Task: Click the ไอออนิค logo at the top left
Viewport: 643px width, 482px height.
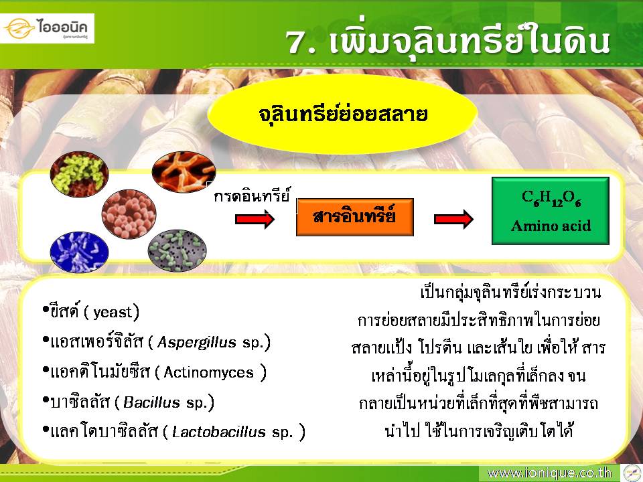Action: pyautogui.click(x=47, y=28)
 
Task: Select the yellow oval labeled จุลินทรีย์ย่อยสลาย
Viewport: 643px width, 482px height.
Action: pyautogui.click(x=342, y=114)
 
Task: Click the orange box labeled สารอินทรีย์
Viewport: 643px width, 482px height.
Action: pyautogui.click(x=355, y=217)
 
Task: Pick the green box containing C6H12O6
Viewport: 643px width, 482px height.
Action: pyautogui.click(x=551, y=211)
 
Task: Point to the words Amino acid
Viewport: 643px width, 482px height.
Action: pyautogui.click(x=551, y=226)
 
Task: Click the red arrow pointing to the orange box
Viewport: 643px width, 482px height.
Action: pyautogui.click(x=255, y=220)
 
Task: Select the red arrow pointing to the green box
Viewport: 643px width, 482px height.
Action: pyautogui.click(x=453, y=220)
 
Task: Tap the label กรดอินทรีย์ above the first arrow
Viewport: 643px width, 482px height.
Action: pyautogui.click(x=252, y=195)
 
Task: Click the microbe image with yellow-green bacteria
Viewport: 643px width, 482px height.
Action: pyautogui.click(x=79, y=174)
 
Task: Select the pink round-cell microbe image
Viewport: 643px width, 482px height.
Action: pyautogui.click(x=129, y=214)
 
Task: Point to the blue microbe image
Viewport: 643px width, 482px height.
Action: pyautogui.click(x=79, y=252)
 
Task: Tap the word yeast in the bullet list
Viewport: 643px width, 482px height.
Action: pyautogui.click(x=113, y=313)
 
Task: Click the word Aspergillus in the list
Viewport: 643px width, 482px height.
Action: pyautogui.click(x=197, y=342)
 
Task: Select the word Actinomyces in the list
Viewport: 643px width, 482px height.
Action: pyautogui.click(x=209, y=373)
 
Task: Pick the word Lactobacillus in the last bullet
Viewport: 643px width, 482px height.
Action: pyautogui.click(x=219, y=432)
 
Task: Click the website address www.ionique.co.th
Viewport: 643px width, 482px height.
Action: pyautogui.click(x=549, y=473)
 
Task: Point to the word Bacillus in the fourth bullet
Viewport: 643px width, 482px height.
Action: pyautogui.click(x=151, y=402)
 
